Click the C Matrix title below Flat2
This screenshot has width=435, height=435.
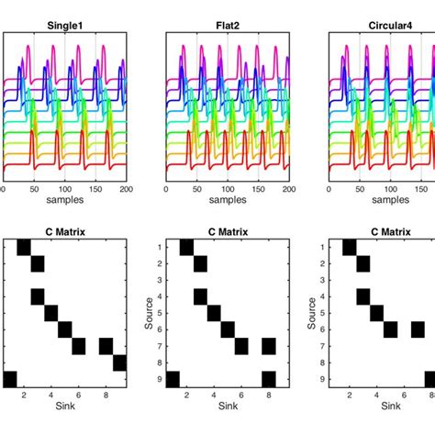(227, 231)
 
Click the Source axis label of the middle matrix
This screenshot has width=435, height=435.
(146, 313)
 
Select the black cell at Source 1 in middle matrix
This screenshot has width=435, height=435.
(186, 248)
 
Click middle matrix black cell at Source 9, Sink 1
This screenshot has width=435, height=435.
(173, 379)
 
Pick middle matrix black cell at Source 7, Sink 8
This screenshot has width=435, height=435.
(267, 346)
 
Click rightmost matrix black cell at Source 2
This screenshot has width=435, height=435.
(362, 264)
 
